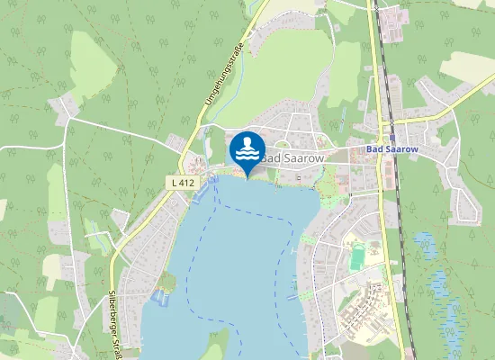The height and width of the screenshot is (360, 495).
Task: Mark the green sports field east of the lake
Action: point(358,257)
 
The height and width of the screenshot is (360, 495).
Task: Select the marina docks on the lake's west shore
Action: point(161,297)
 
